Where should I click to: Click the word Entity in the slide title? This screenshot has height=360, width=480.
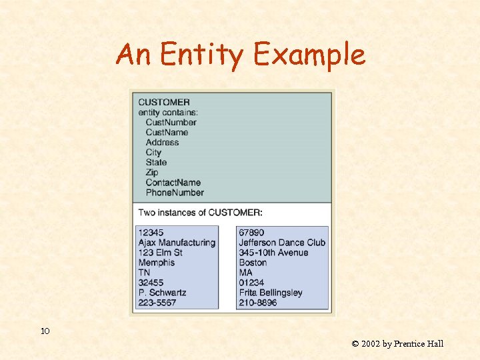point(201,55)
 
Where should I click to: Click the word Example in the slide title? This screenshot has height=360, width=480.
point(309,55)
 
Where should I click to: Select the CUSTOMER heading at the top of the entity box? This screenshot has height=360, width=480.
point(164,102)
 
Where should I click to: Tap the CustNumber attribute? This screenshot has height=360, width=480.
point(171,122)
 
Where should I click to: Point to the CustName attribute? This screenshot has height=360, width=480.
point(167,132)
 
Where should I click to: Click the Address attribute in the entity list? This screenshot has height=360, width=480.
point(162,142)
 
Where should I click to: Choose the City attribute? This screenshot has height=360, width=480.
point(153,152)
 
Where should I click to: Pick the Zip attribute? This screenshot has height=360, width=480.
point(153,172)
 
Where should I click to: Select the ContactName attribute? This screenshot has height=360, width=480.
point(173,182)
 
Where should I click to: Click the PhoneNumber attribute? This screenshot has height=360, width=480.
point(175,192)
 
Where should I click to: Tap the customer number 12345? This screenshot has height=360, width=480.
point(151,232)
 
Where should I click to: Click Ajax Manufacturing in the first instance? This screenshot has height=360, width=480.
point(177,243)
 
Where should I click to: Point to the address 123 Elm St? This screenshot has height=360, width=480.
point(160,253)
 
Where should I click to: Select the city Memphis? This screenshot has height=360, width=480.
point(156,263)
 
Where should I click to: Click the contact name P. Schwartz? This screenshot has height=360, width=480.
point(162,293)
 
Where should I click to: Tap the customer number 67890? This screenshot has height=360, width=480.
point(251,232)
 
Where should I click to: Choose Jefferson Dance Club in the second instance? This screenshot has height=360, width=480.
point(282,243)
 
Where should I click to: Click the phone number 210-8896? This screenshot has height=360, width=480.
point(257,303)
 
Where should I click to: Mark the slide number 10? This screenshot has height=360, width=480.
point(45,331)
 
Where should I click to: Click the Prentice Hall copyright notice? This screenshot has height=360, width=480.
point(397,344)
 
